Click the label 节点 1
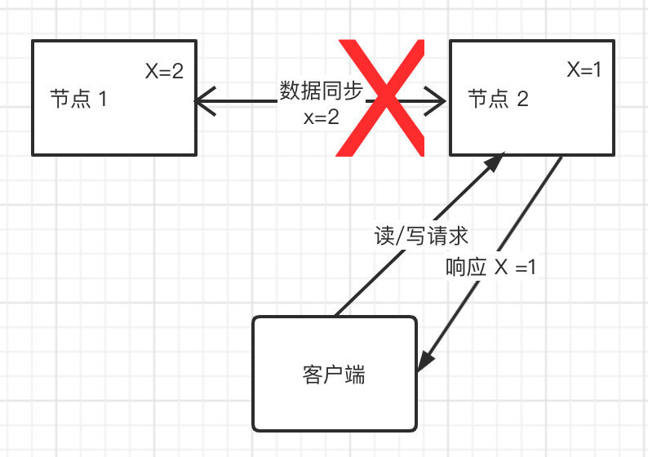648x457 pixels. click(78, 100)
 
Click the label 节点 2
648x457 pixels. click(498, 100)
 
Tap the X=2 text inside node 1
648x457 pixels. click(164, 71)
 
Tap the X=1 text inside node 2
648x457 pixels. click(584, 71)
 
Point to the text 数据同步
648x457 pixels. click(320, 91)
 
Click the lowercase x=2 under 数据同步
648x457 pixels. click(320, 117)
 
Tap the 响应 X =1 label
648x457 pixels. click(491, 267)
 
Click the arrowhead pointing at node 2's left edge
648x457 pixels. click(437, 100)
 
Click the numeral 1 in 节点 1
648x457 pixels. click(103, 100)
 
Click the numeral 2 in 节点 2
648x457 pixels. click(523, 100)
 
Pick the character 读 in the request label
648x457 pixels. click(382, 236)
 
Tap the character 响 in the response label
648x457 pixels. click(456, 267)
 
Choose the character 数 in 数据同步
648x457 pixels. click(289, 91)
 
